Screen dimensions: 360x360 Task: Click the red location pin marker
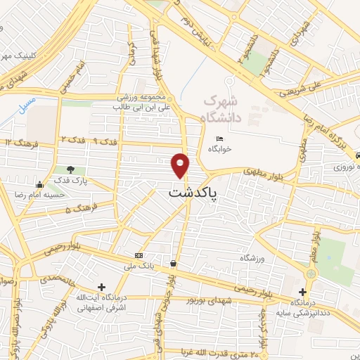(181, 165)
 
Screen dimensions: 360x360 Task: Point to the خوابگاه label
(221, 149)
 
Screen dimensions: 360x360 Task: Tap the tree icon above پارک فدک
(70, 169)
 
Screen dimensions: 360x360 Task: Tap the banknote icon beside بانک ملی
(139, 255)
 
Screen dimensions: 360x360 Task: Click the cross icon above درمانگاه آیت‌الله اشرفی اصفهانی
(102, 287)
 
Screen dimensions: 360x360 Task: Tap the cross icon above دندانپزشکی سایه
(302, 292)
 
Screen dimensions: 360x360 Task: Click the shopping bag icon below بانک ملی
(173, 264)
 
